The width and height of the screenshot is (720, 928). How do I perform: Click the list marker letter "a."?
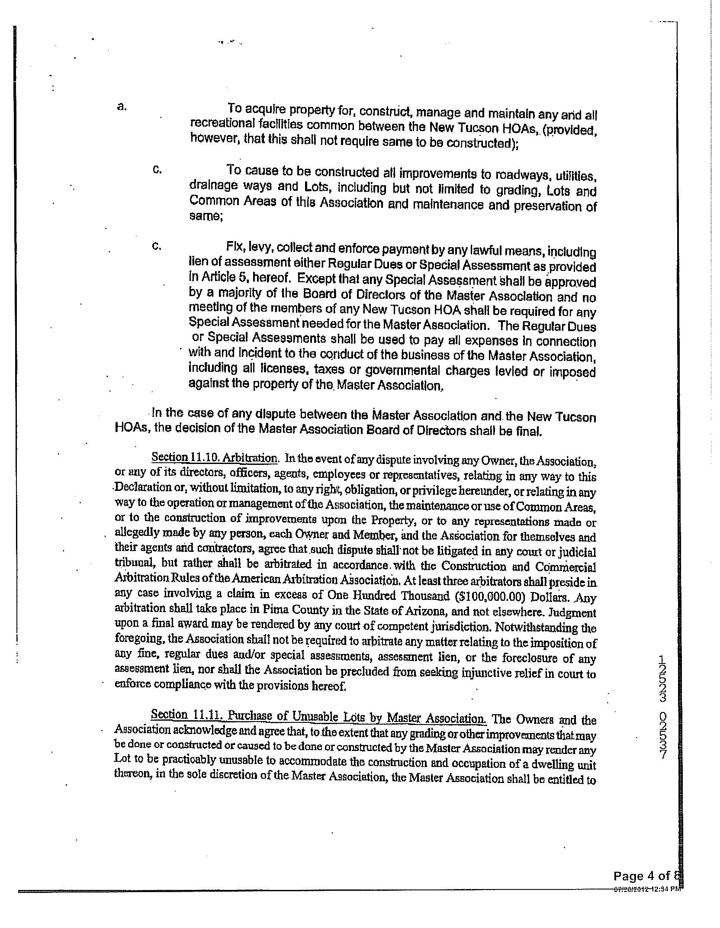coord(122,107)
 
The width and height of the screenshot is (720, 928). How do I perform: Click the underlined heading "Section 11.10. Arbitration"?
coord(214,458)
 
